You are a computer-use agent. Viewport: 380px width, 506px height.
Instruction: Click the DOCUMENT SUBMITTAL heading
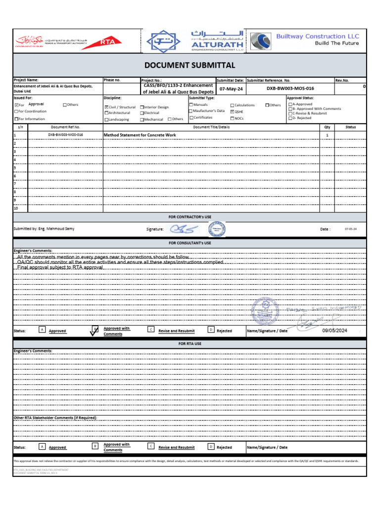(190, 65)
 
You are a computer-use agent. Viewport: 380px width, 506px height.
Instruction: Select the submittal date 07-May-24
(231, 88)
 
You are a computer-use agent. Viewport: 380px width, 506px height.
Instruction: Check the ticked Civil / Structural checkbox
(106, 107)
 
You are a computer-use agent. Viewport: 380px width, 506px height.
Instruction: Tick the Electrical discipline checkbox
(142, 113)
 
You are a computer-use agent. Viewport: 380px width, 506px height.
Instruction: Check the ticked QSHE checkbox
(232, 112)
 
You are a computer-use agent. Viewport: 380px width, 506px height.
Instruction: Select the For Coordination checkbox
(16, 112)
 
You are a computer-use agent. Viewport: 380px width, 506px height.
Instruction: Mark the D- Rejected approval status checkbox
(290, 118)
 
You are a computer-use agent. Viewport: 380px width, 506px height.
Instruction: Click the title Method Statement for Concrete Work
(140, 134)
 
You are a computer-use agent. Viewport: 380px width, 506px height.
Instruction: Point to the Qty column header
(327, 127)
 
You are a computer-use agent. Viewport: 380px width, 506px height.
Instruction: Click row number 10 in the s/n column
(16, 208)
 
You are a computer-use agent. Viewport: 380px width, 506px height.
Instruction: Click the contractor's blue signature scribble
(184, 229)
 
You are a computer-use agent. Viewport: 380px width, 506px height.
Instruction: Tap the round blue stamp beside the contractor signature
(216, 229)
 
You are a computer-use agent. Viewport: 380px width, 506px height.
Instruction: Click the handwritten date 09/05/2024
(335, 331)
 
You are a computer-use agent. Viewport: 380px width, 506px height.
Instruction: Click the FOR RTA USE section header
(190, 343)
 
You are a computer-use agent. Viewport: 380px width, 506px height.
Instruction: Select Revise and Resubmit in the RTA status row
(176, 448)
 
